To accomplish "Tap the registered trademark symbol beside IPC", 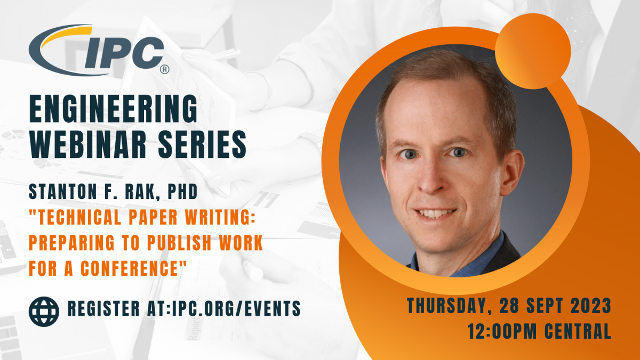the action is pyautogui.click(x=164, y=69).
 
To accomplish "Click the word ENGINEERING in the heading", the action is pyautogui.click(x=114, y=109).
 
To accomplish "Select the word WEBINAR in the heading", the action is pyautogui.click(x=88, y=145).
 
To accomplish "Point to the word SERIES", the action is pyautogui.click(x=202, y=145).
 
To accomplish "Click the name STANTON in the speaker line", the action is pyautogui.click(x=63, y=191).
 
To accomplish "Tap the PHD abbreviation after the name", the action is pyautogui.click(x=182, y=191).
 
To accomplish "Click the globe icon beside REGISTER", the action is pyautogui.click(x=44, y=311).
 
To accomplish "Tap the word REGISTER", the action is pyautogui.click(x=103, y=308).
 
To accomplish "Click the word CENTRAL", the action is pyautogui.click(x=578, y=331).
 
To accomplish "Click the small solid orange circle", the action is pyautogui.click(x=533, y=51).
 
